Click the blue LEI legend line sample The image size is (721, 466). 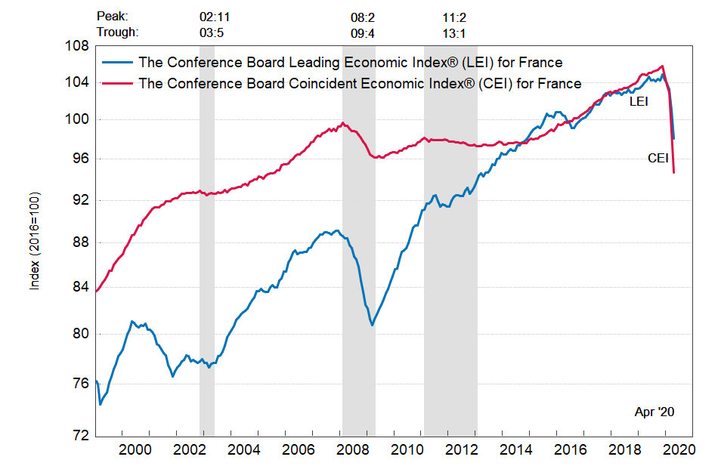pos(119,62)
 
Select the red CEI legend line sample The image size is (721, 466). pos(119,82)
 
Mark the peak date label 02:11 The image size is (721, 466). pos(213,16)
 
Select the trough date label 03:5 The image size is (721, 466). pos(212,32)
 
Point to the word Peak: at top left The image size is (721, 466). pos(113,16)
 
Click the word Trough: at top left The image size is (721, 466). pos(118,32)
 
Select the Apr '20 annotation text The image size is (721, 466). pos(654,412)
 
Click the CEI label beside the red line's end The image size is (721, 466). pos(658,158)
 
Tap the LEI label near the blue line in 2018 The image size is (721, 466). pos(639,100)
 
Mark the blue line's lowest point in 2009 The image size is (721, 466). pos(372,326)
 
